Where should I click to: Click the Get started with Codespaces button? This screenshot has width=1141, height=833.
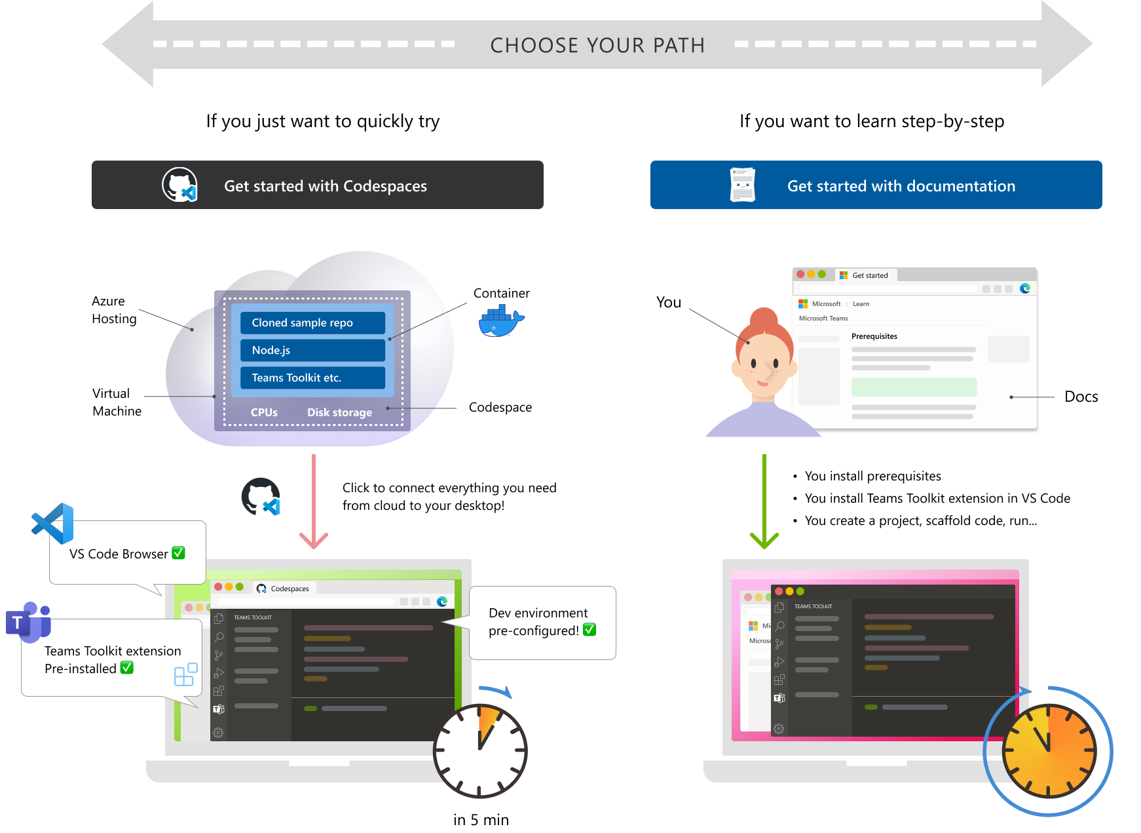point(318,185)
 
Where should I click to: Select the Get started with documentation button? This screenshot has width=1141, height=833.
point(876,185)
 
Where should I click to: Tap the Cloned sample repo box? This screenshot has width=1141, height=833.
point(312,322)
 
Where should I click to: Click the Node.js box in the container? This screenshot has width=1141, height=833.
point(312,350)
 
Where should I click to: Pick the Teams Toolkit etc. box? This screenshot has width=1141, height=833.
point(312,378)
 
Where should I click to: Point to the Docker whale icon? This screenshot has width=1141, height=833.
point(501,322)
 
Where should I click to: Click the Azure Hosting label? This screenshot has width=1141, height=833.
point(114,310)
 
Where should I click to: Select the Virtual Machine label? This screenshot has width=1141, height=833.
point(117,402)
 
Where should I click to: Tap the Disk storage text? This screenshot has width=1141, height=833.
point(339,412)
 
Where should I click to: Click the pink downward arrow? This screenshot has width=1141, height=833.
point(314,501)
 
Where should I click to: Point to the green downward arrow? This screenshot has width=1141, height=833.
point(764,501)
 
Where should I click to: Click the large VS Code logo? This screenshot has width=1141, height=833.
point(52,524)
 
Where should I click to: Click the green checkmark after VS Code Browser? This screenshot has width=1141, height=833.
point(178,553)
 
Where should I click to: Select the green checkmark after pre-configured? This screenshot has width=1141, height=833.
point(589,630)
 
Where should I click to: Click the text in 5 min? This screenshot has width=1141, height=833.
point(481,820)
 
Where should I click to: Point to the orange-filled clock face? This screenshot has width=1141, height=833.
point(1049,751)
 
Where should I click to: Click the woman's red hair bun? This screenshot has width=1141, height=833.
point(764,320)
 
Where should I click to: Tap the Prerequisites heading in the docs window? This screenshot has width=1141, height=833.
point(874,336)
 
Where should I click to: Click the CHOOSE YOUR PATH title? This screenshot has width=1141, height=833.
point(597,45)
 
